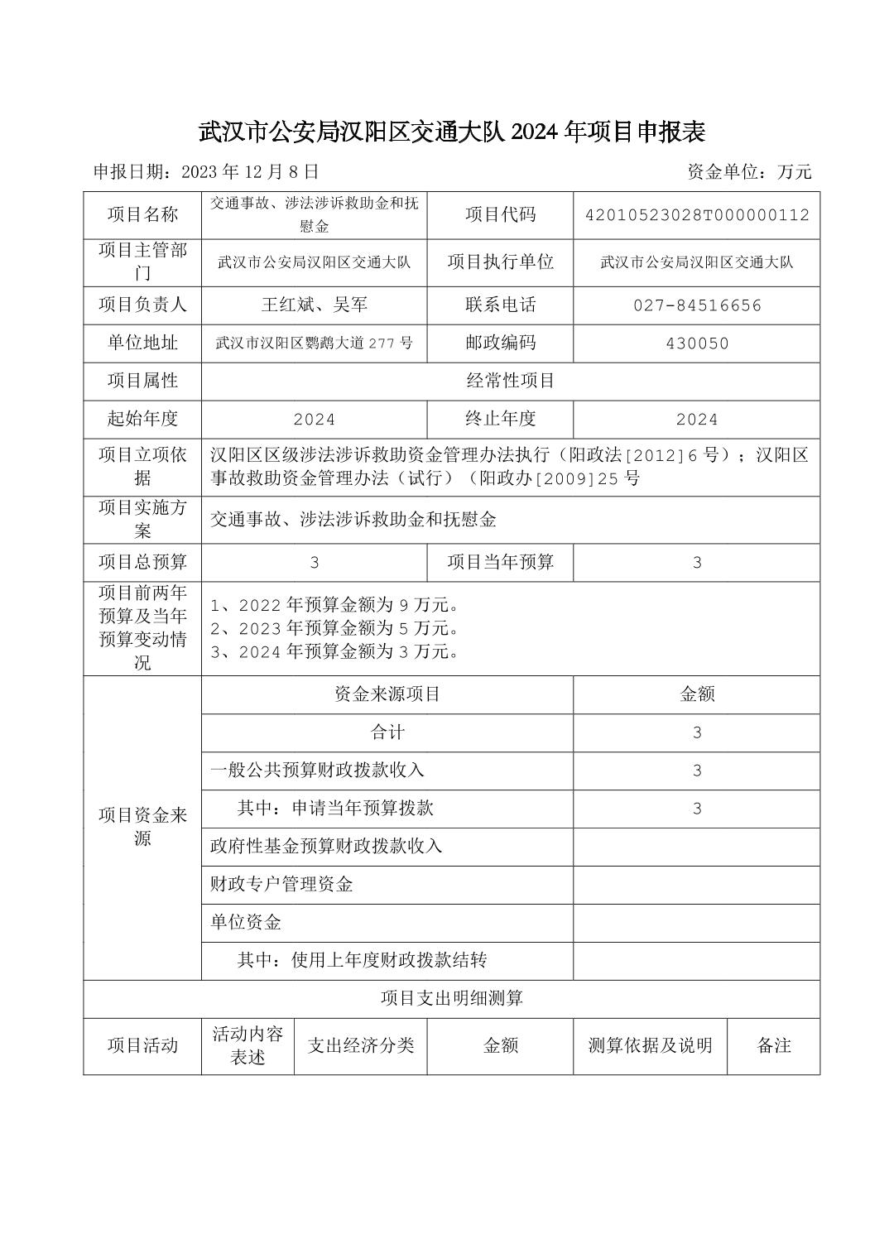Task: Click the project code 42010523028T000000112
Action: pyautogui.click(x=696, y=215)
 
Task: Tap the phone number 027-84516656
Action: pyautogui.click(x=696, y=305)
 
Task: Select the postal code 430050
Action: pyautogui.click(x=696, y=343)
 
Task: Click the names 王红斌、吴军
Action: pyautogui.click(x=314, y=305)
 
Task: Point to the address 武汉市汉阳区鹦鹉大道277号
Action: pyautogui.click(x=314, y=343)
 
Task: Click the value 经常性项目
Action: pyautogui.click(x=510, y=381)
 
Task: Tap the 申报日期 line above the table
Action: pyautogui.click(x=205, y=172)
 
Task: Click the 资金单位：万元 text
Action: pyautogui.click(x=749, y=172)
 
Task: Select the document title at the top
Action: pyautogui.click(x=451, y=132)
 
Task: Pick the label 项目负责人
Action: pyautogui.click(x=142, y=305)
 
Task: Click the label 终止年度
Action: pyautogui.click(x=500, y=419)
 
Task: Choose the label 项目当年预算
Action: pyautogui.click(x=500, y=563)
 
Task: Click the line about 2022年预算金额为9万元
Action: pyautogui.click(x=335, y=605)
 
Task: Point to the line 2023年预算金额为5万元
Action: pyautogui.click(x=335, y=628)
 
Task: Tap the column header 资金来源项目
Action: pyautogui.click(x=387, y=694)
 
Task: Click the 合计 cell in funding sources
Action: pyautogui.click(x=387, y=732)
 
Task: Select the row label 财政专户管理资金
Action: pyautogui.click(x=281, y=885)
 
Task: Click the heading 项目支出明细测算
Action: pyautogui.click(x=451, y=999)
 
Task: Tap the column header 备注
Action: pyautogui.click(x=773, y=1046)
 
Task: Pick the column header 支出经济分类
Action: pyautogui.click(x=360, y=1046)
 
